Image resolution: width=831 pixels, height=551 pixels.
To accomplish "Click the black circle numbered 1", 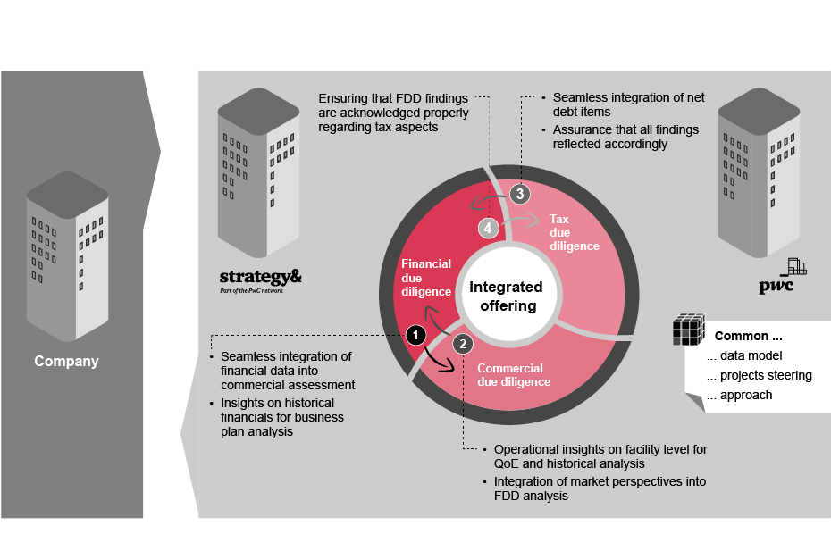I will (415, 335).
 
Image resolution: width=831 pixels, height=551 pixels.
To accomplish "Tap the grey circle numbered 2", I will (462, 343).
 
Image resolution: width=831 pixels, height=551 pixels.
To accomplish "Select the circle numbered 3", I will (521, 193).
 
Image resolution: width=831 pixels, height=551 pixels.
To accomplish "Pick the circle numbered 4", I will (486, 228).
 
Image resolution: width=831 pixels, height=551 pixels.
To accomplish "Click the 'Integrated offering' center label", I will (506, 296).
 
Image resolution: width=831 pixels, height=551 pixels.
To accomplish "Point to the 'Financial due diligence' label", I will (426, 278).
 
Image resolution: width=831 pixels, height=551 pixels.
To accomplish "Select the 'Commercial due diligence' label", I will (514, 374).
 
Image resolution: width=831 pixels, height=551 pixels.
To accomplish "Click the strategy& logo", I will (260, 279).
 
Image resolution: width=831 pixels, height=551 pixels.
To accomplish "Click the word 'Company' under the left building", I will (66, 362).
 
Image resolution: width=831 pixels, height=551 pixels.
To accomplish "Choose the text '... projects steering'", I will (759, 375).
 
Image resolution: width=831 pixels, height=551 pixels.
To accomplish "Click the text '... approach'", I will (739, 395).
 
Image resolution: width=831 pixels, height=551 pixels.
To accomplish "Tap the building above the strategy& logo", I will (258, 170).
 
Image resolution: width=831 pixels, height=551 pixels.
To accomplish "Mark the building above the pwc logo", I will (758, 170).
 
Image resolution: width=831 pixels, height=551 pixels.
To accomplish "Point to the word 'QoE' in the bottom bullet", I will (507, 463).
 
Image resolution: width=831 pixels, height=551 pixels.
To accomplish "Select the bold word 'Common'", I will (741, 337).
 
